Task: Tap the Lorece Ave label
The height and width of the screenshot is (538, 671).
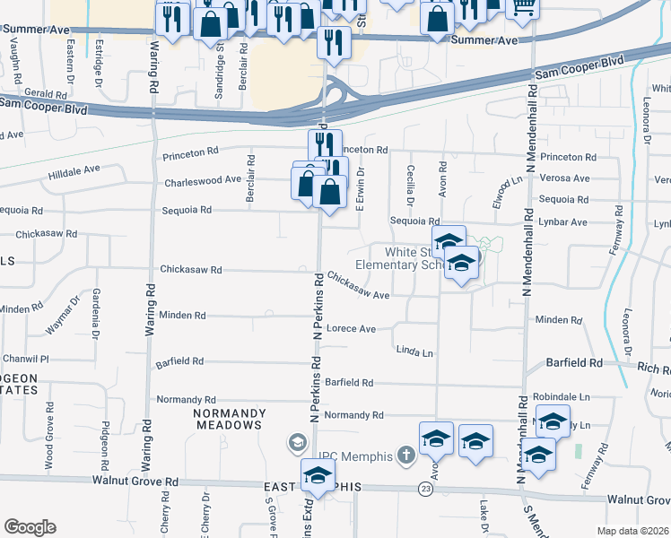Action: pos(351,329)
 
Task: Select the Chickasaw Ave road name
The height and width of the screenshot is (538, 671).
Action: pos(358,285)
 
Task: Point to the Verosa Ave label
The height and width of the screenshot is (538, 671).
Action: pos(564,178)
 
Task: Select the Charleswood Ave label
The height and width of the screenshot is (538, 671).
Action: pos(203,180)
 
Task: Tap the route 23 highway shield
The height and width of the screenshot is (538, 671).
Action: pos(424,489)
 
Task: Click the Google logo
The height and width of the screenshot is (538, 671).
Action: pos(30,527)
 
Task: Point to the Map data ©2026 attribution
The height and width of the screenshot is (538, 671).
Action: pos(632,531)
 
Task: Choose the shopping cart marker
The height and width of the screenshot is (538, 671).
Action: pos(522,7)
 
